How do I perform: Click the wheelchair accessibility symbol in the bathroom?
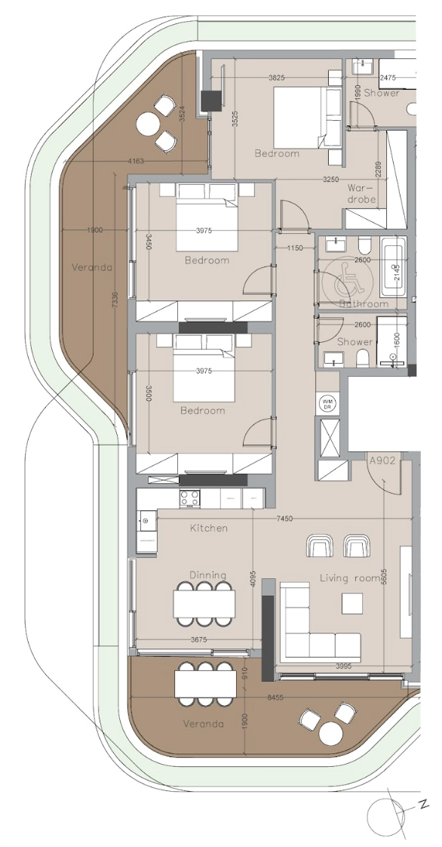pos(336,281)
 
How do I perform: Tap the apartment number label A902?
pos(382,460)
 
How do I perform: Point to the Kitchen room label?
pos(208,528)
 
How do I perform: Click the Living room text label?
pos(350,578)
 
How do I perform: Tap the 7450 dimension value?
pos(284,519)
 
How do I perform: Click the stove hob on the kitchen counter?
pos(189,497)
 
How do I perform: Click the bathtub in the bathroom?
pos(394,268)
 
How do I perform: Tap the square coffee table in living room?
pos(351,604)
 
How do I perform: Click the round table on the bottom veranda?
pos(331,732)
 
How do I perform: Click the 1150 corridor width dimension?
pos(293,248)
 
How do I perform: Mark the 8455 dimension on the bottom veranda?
pos(276,698)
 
